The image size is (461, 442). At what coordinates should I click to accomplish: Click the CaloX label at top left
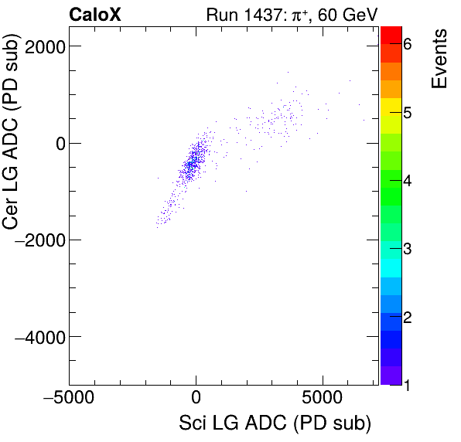95,14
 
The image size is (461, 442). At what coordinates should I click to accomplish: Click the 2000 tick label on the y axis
43,46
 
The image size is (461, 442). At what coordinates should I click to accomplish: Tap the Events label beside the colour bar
440,59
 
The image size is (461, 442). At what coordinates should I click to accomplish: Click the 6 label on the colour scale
407,45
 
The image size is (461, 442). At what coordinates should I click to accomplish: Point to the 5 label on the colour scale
407,113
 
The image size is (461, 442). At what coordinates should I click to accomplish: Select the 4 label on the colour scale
407,181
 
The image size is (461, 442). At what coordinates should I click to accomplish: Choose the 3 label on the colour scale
407,249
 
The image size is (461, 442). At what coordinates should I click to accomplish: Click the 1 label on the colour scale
407,384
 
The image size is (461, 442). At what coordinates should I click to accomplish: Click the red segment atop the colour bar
391,34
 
